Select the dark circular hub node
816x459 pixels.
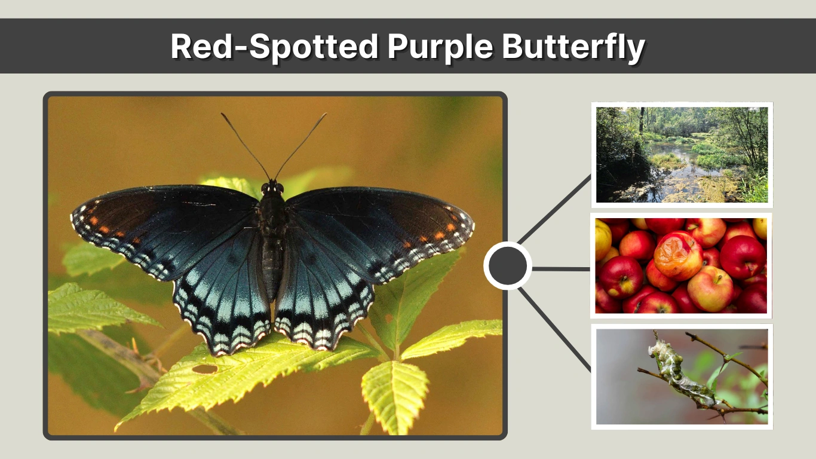click(507, 266)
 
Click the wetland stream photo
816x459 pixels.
click(682, 155)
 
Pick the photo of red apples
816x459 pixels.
click(681, 265)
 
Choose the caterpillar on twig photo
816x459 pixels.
click(682, 377)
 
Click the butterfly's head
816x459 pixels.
click(272, 188)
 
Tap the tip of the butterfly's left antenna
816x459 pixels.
click(222, 114)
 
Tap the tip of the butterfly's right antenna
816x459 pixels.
click(326, 114)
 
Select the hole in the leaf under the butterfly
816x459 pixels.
click(205, 369)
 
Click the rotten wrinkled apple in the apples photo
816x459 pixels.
click(677, 255)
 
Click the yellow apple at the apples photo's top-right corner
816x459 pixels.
click(760, 228)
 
